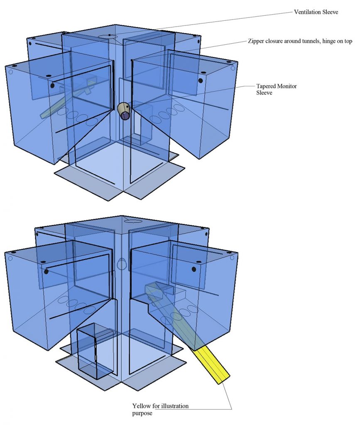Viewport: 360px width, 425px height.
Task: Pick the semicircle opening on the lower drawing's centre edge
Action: [122, 264]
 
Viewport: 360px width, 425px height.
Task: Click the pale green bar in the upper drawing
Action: [66, 100]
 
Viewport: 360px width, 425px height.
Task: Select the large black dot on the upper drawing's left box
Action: [53, 85]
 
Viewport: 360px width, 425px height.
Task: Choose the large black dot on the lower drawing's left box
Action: [47, 271]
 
